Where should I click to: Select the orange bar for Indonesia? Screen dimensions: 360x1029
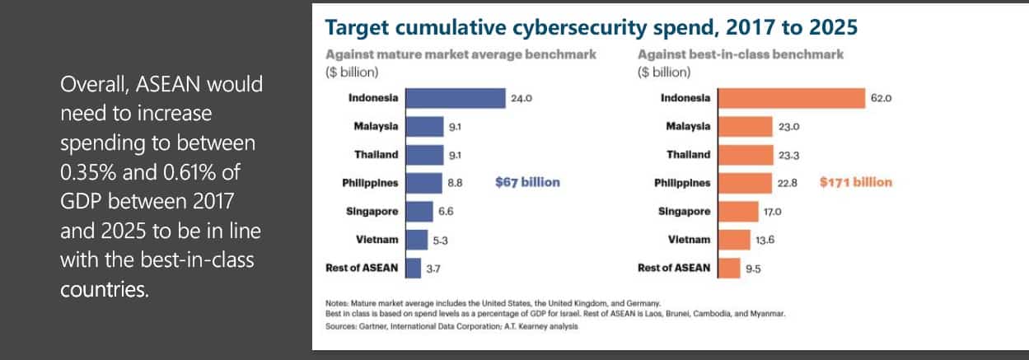[790, 98]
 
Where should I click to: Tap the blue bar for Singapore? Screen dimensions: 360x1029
[419, 212]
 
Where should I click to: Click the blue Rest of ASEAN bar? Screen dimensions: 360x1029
[413, 269]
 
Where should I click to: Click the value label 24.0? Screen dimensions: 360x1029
[522, 98]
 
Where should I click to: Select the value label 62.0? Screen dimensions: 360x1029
[882, 98]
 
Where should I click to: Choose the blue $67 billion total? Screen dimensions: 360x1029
[527, 182]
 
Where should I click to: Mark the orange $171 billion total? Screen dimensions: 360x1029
[855, 182]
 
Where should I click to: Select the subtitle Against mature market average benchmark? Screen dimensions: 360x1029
[461, 54]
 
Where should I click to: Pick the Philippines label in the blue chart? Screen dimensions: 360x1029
[371, 183]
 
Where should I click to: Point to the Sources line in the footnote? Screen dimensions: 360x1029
[452, 327]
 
